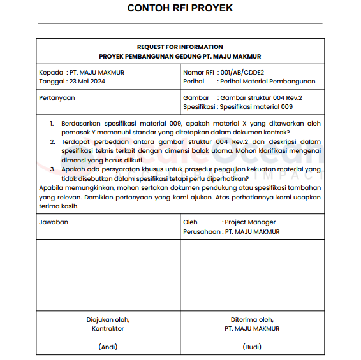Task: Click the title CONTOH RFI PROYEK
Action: coord(180,9)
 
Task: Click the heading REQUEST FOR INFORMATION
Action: coord(180,47)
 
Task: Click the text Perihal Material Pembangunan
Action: coord(266,82)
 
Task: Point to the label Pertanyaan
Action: coord(57,98)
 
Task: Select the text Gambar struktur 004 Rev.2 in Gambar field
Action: coord(260,98)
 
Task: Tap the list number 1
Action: coord(52,123)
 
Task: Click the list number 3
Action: coord(52,170)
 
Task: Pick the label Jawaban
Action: coord(54,222)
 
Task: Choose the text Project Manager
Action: coord(250,222)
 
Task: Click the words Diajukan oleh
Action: coord(108,319)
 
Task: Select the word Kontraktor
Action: coord(108,329)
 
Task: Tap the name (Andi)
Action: coord(108,347)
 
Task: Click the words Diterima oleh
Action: coord(252,319)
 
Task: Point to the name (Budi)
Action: coord(252,347)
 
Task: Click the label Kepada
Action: coord(51,73)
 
